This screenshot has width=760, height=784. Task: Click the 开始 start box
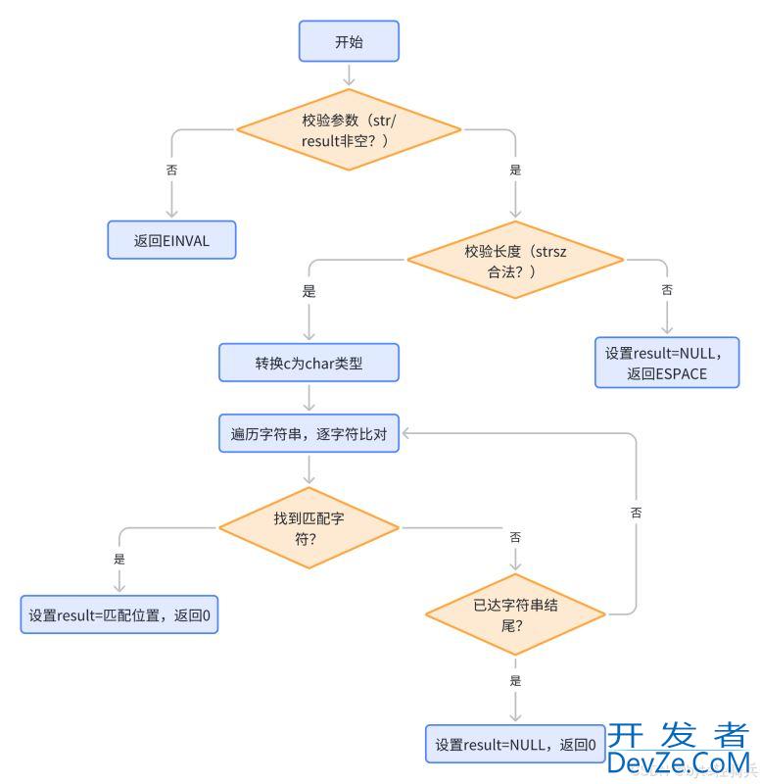click(349, 41)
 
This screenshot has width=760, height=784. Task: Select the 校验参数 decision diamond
click(348, 130)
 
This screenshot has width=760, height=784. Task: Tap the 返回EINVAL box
click(171, 239)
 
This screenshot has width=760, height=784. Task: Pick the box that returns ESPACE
click(666, 363)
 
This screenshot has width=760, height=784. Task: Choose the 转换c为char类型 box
click(309, 363)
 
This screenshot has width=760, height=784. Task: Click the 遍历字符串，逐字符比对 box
click(309, 433)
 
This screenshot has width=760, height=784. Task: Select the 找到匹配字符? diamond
click(309, 527)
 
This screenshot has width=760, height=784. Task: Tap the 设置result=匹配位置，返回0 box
click(119, 615)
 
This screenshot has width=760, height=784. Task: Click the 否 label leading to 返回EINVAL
click(171, 170)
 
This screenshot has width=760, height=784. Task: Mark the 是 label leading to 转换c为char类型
click(309, 291)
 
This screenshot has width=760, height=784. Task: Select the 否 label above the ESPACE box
click(667, 291)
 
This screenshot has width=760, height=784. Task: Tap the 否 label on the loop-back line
click(637, 513)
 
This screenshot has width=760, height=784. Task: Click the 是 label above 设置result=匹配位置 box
click(119, 559)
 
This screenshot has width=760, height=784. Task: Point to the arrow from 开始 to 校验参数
click(348, 74)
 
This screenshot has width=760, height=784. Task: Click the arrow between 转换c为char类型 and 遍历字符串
click(309, 397)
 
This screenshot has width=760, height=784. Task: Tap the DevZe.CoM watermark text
click(678, 761)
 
